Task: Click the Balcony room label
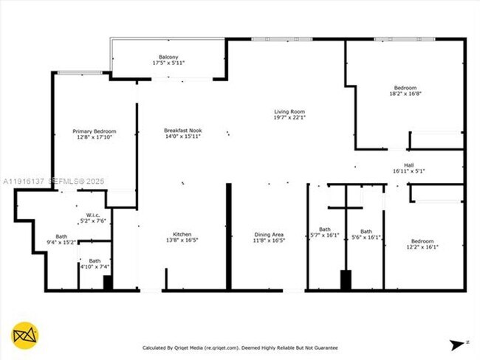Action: click(x=168, y=57)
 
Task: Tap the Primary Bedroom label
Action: click(x=94, y=131)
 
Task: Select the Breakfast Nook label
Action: click(x=182, y=131)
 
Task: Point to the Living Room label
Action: click(x=289, y=111)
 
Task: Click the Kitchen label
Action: click(x=182, y=235)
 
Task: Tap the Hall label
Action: click(x=408, y=165)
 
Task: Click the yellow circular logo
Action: click(x=25, y=336)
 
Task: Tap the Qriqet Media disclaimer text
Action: click(x=240, y=347)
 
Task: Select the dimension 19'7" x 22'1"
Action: click(x=289, y=117)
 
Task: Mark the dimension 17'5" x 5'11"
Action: click(x=168, y=63)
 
